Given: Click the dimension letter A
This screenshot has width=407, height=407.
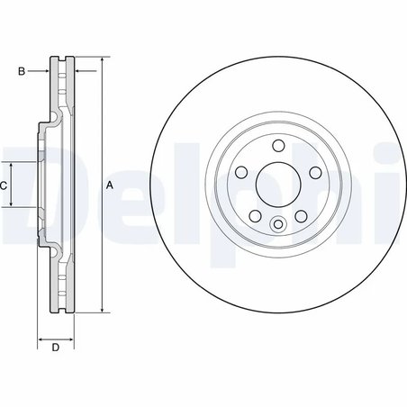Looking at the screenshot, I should (110, 185).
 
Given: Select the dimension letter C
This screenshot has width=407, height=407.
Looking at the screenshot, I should (4, 185).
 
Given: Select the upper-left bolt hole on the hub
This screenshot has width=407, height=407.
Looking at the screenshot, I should (241, 172).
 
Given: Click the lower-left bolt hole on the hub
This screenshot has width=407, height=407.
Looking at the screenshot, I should (255, 215).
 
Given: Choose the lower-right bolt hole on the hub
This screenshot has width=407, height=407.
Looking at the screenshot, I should (301, 215).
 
